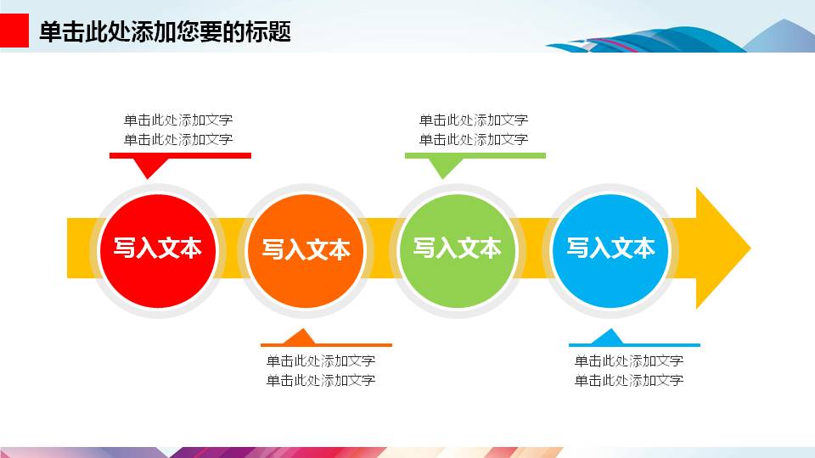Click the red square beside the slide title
(x=14, y=31)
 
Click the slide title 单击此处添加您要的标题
(x=165, y=31)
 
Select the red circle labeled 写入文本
(x=158, y=251)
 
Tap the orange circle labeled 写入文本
(x=306, y=251)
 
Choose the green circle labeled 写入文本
(x=458, y=251)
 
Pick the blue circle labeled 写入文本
(x=610, y=251)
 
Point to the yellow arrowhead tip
(x=750, y=248)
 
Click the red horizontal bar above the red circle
(x=180, y=156)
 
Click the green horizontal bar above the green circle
(x=475, y=156)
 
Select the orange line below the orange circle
(x=326, y=345)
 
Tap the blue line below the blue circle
(x=635, y=345)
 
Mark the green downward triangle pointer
(x=444, y=168)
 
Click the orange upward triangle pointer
(x=300, y=337)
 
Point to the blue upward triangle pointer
(x=608, y=337)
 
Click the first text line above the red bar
(x=178, y=120)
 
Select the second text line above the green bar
(x=474, y=139)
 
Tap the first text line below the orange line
(x=321, y=360)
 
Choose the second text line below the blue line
(x=629, y=380)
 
